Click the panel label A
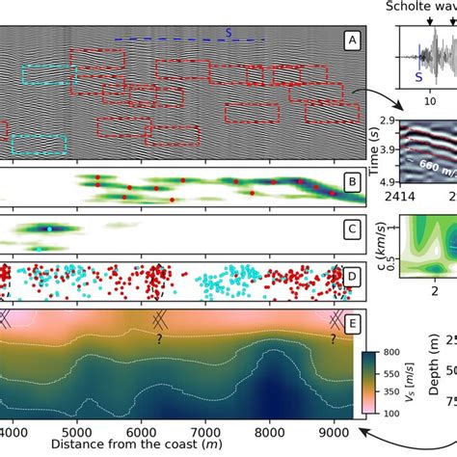click(x=352, y=40)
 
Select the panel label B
click(x=352, y=180)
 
